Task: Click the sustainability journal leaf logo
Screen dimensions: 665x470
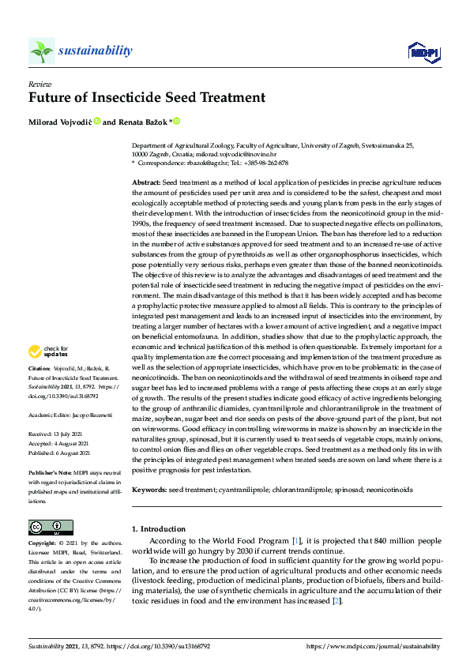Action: click(42, 51)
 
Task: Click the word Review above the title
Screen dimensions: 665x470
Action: click(39, 83)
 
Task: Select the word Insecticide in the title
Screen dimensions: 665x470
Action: click(151, 99)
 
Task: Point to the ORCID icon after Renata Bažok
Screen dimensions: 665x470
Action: click(177, 121)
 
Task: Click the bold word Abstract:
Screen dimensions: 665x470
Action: click(146, 182)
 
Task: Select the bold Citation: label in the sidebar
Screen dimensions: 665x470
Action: click(39, 369)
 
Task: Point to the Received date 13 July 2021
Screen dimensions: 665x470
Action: click(79, 433)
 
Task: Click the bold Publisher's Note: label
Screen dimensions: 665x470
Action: click(50, 471)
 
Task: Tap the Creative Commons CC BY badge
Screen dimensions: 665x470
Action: click(46, 527)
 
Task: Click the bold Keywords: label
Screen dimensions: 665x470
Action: click(149, 490)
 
